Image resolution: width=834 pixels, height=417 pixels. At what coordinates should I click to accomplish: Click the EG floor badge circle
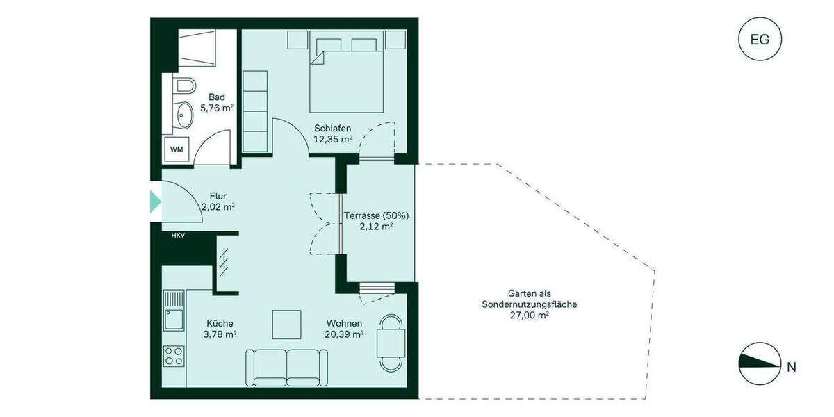(760, 39)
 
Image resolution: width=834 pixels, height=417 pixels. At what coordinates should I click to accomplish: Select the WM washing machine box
(176, 149)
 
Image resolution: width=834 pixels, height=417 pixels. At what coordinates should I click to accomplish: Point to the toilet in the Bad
(184, 86)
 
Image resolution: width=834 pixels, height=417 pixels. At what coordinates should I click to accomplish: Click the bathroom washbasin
(184, 115)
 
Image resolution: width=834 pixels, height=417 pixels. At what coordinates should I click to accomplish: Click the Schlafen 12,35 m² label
(332, 133)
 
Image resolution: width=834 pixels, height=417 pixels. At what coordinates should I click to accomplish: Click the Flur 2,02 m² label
(218, 202)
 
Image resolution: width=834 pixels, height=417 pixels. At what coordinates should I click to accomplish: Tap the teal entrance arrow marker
(156, 202)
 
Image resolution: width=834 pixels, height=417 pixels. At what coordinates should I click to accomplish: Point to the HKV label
(179, 236)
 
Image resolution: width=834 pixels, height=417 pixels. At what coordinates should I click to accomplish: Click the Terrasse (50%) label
(376, 220)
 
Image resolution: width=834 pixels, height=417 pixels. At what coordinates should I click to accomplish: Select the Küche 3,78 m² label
(220, 329)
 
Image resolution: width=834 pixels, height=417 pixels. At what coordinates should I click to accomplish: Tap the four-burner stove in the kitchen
(174, 357)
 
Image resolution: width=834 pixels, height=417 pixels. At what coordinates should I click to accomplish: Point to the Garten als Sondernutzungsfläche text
(529, 304)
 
